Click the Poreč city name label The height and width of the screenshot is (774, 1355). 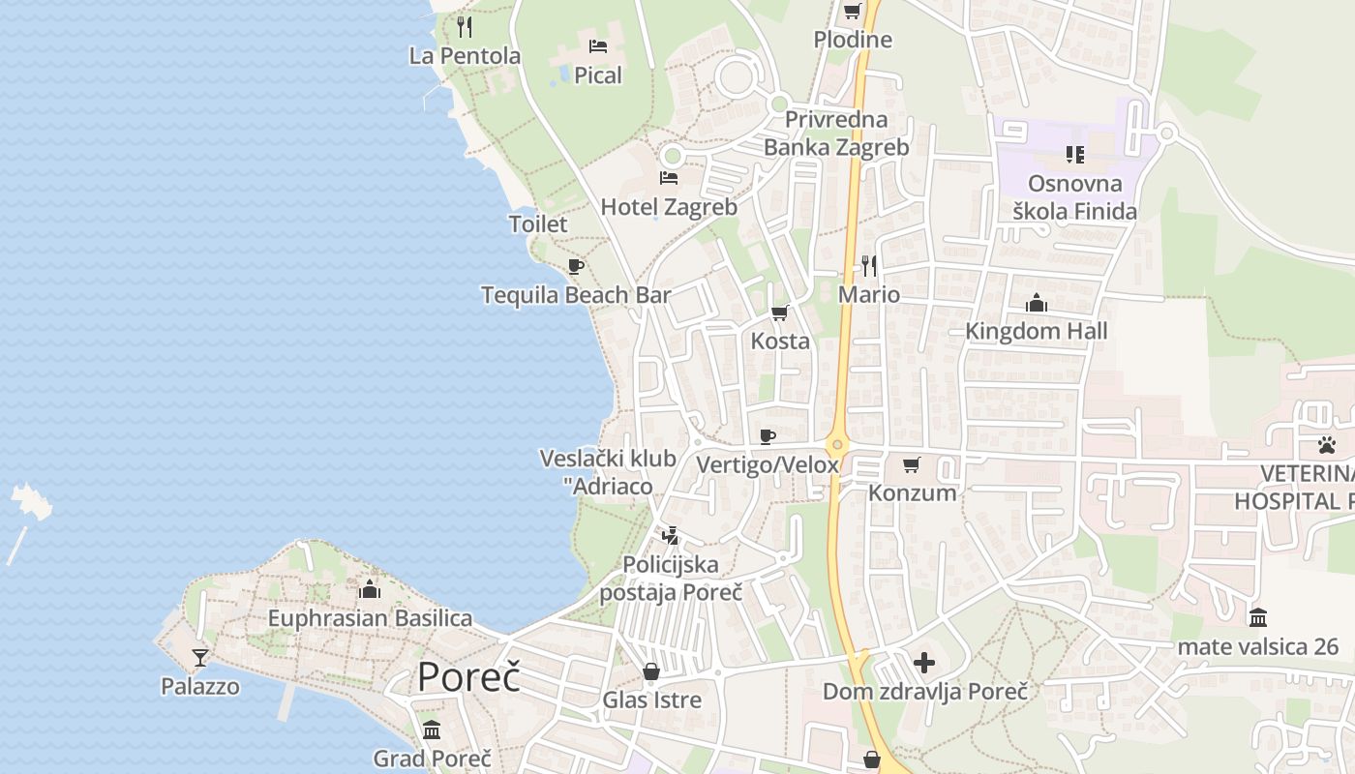click(468, 676)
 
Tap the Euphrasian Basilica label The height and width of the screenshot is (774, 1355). click(370, 618)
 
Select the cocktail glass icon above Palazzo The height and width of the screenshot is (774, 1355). click(200, 658)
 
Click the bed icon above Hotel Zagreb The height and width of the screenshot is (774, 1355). click(668, 178)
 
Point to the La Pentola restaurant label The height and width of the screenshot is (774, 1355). click(465, 56)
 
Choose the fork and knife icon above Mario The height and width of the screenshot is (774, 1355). click(869, 265)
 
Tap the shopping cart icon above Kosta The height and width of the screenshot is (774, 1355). click(779, 313)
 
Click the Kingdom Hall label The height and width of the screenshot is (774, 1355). click(1036, 331)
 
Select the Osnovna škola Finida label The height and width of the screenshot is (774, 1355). click(1074, 197)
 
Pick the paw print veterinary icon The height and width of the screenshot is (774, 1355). click(1325, 445)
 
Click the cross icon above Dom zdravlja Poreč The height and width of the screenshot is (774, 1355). click(924, 663)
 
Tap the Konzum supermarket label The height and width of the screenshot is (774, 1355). click(912, 492)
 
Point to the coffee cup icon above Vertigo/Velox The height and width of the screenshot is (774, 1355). click(768, 436)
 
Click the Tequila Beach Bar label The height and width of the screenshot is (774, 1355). click(576, 295)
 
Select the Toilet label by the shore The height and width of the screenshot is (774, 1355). click(538, 224)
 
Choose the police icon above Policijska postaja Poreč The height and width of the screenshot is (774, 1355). click(670, 535)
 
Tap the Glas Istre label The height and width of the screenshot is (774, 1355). click(651, 700)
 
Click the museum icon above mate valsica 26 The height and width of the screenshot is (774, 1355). click(1258, 617)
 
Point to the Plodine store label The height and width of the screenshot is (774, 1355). click(853, 41)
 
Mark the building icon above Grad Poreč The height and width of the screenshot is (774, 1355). click(432, 729)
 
